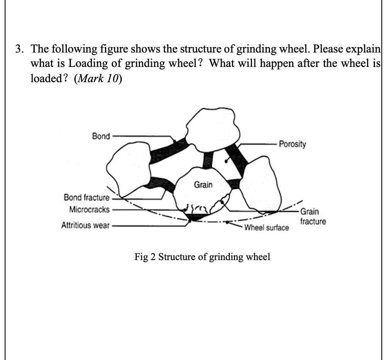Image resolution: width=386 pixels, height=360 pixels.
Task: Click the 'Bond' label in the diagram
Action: tap(101, 136)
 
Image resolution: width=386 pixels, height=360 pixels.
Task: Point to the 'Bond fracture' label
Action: tap(86, 197)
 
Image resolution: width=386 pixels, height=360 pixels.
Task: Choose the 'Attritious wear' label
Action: tap(86, 225)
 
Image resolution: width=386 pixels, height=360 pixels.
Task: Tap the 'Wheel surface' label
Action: tap(267, 228)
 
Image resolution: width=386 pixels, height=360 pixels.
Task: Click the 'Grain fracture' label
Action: tap(312, 216)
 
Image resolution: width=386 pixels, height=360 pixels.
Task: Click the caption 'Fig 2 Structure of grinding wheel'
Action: tap(202, 257)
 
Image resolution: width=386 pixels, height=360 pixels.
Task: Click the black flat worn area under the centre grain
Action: tap(196, 217)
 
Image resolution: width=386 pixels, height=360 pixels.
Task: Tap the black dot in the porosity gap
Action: tap(227, 161)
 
